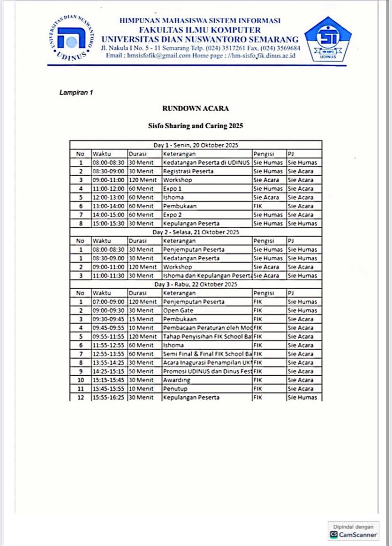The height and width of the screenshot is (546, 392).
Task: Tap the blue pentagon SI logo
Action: click(x=328, y=38)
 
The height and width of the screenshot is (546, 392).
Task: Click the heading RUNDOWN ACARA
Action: click(x=196, y=108)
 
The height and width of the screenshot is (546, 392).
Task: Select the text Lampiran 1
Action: click(x=76, y=92)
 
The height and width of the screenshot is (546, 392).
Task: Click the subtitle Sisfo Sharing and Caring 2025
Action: click(x=196, y=126)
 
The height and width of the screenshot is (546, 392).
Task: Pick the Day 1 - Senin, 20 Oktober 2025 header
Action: click(x=196, y=145)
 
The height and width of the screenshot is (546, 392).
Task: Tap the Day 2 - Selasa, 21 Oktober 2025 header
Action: click(x=196, y=232)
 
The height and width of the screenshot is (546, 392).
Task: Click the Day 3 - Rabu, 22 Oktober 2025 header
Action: click(x=196, y=284)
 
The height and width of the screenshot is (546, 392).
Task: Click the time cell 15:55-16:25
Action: click(x=108, y=397)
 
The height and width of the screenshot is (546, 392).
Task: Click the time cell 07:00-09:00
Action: click(x=108, y=302)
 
